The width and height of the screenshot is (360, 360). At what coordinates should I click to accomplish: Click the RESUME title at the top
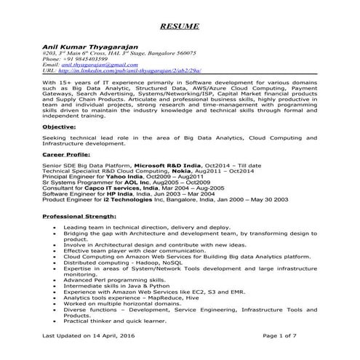pyautogui.click(x=180, y=26)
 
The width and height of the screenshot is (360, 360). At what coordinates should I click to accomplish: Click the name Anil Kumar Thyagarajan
pyautogui.click(x=92, y=46)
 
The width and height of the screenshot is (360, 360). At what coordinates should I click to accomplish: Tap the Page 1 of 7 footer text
pyautogui.click(x=279, y=337)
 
